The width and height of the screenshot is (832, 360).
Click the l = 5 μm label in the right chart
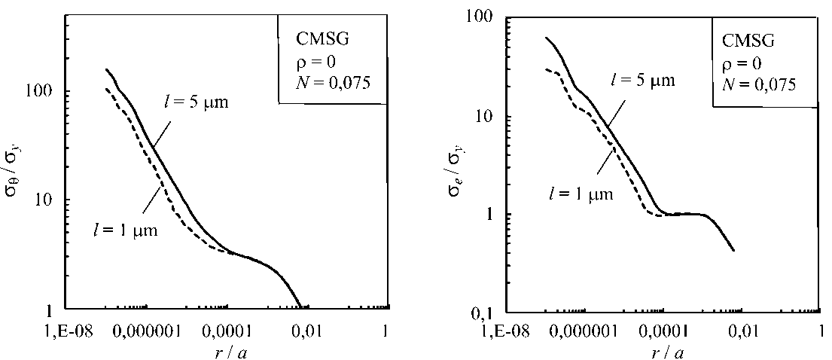click(641, 78)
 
